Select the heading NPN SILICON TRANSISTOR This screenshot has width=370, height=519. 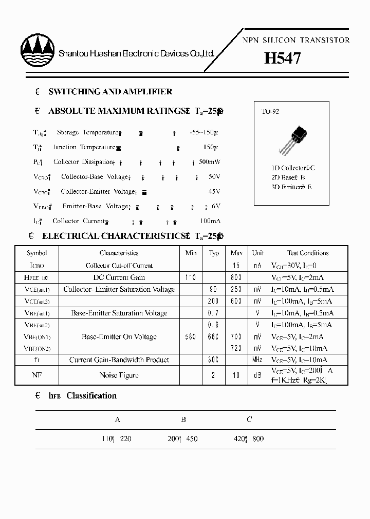pos(295,40)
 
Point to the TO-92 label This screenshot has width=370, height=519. pos(270,112)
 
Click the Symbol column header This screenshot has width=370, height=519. pos(37,253)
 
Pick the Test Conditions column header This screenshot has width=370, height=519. pos(307,253)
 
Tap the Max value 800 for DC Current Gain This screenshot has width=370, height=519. pos(236,277)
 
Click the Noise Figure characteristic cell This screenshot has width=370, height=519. pos(119,375)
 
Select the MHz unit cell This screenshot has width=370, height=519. pos(257,360)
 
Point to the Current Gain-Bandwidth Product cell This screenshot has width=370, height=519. pos(119,360)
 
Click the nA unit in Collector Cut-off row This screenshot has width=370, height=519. pos(257,266)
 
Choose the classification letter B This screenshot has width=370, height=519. pos(183,420)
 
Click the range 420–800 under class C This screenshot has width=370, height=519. pos(249,439)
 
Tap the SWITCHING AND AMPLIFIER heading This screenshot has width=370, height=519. pos(110,92)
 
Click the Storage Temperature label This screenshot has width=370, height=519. pos(87,132)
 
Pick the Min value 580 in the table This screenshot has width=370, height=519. pos(190,337)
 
